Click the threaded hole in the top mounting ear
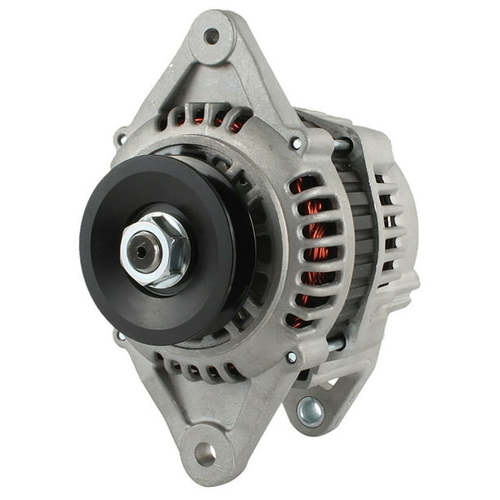point(211,36)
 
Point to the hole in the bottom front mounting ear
point(204,454)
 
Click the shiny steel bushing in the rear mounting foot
point(310,413)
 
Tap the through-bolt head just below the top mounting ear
point(297,143)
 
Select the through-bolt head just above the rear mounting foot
point(292,357)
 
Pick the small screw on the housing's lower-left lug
point(122,336)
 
